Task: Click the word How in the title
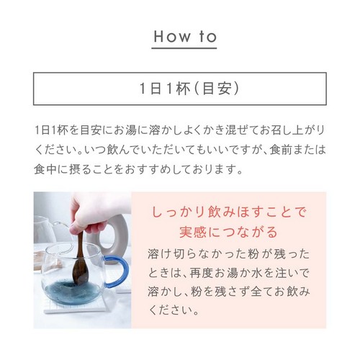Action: (x=172, y=37)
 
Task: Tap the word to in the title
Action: (x=208, y=37)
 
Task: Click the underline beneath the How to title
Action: (x=184, y=48)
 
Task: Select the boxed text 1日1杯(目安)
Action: (x=189, y=89)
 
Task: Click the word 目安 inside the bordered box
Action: (x=217, y=89)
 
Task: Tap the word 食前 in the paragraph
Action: (x=281, y=150)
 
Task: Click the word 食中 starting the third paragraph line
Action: (x=45, y=169)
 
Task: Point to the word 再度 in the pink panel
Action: (x=201, y=273)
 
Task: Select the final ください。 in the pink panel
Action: (x=174, y=310)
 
